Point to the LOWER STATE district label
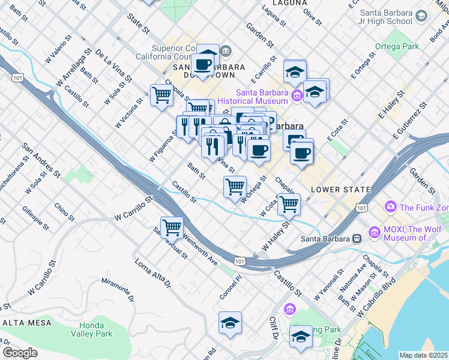[x=341, y=190]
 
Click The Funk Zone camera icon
[x=391, y=207]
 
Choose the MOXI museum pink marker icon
[x=375, y=232]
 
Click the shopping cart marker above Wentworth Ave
[x=172, y=227]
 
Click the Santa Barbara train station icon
[x=357, y=239]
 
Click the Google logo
[x=20, y=352]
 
